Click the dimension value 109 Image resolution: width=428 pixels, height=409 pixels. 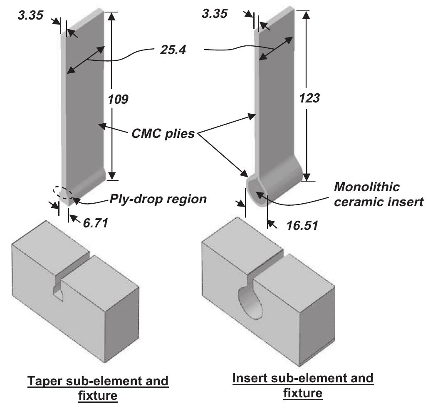click(118, 100)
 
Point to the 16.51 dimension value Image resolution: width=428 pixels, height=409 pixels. click(302, 225)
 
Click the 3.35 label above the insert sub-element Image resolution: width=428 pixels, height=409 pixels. click(214, 13)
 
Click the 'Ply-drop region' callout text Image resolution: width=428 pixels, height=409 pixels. click(158, 199)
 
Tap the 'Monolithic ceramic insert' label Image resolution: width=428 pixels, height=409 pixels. click(379, 194)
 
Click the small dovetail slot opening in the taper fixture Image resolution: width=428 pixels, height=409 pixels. click(58, 291)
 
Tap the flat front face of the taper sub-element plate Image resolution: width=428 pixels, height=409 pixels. click(85, 108)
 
